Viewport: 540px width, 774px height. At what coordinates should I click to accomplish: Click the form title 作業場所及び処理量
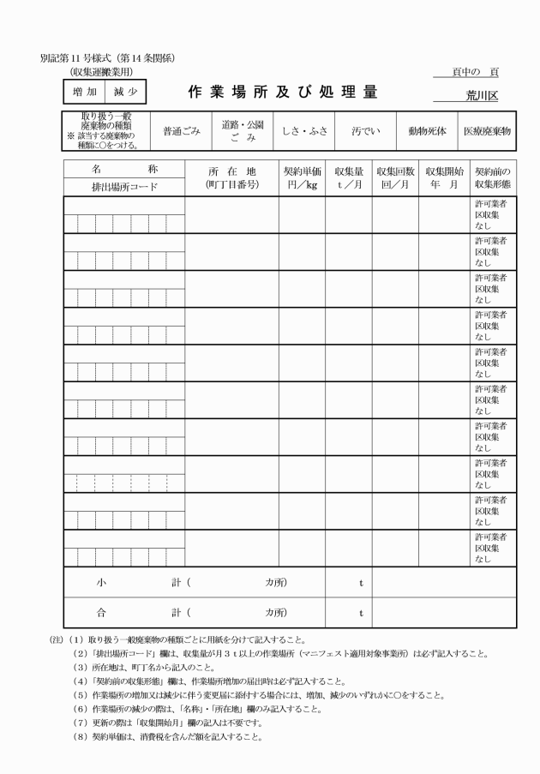tap(283, 92)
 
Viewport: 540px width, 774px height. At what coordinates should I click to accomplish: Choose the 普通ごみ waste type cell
tap(181, 131)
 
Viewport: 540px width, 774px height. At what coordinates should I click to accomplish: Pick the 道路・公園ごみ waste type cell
tap(243, 131)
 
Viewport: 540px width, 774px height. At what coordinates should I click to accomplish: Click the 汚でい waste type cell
tap(366, 131)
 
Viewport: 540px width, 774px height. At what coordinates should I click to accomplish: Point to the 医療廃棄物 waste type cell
tap(487, 131)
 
